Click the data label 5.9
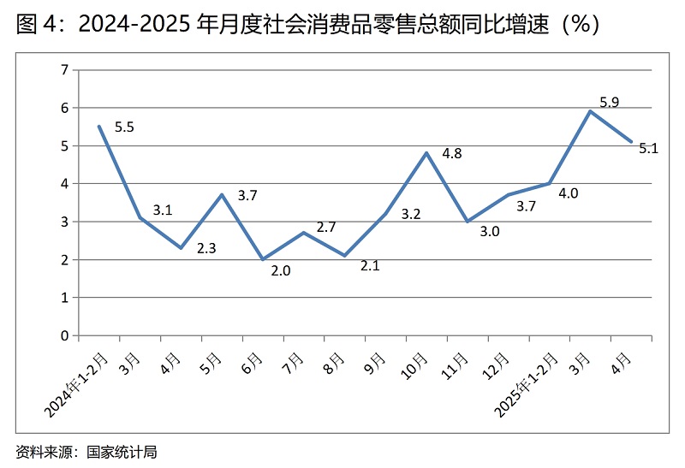coord(609,103)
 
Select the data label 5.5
coord(124,127)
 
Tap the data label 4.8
coord(452,154)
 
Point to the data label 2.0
coord(281,271)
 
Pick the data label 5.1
coord(648,148)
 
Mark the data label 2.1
coord(370,266)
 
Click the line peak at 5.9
coord(590,111)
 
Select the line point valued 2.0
coord(263,259)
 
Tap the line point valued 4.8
coord(426,153)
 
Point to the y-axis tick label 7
coord(64,69)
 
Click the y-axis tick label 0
coord(64,335)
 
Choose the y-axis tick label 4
coord(64,183)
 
